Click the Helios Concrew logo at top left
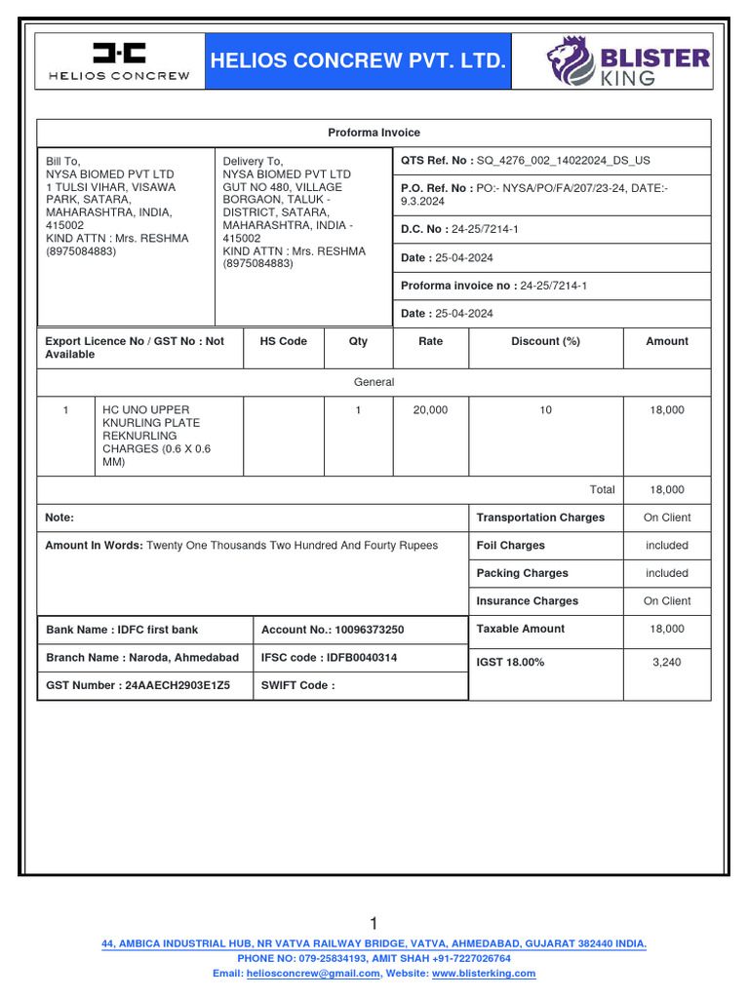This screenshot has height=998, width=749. pos(119,60)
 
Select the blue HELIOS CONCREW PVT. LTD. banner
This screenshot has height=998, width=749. pos(358,60)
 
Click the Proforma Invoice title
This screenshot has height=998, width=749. pos(374,133)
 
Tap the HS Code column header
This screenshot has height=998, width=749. pos(283,341)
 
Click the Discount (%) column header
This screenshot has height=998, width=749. pos(545,341)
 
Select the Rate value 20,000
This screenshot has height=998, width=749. pos(430,410)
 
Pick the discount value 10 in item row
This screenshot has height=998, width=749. pos(545,410)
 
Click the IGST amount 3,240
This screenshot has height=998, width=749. pos(667,663)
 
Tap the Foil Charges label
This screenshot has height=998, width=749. pos(510,546)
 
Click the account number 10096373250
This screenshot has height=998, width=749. pos(369,631)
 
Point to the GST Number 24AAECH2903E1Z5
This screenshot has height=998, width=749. pos(176,685)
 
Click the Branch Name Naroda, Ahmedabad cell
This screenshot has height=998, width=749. pos(142,658)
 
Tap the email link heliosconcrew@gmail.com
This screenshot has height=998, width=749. pos(313,974)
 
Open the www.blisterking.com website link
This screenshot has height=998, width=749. pos(484,974)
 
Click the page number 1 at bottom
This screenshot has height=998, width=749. pos(374,923)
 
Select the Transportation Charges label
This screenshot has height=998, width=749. pos(540,518)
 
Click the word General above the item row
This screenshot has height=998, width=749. pos(374,382)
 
